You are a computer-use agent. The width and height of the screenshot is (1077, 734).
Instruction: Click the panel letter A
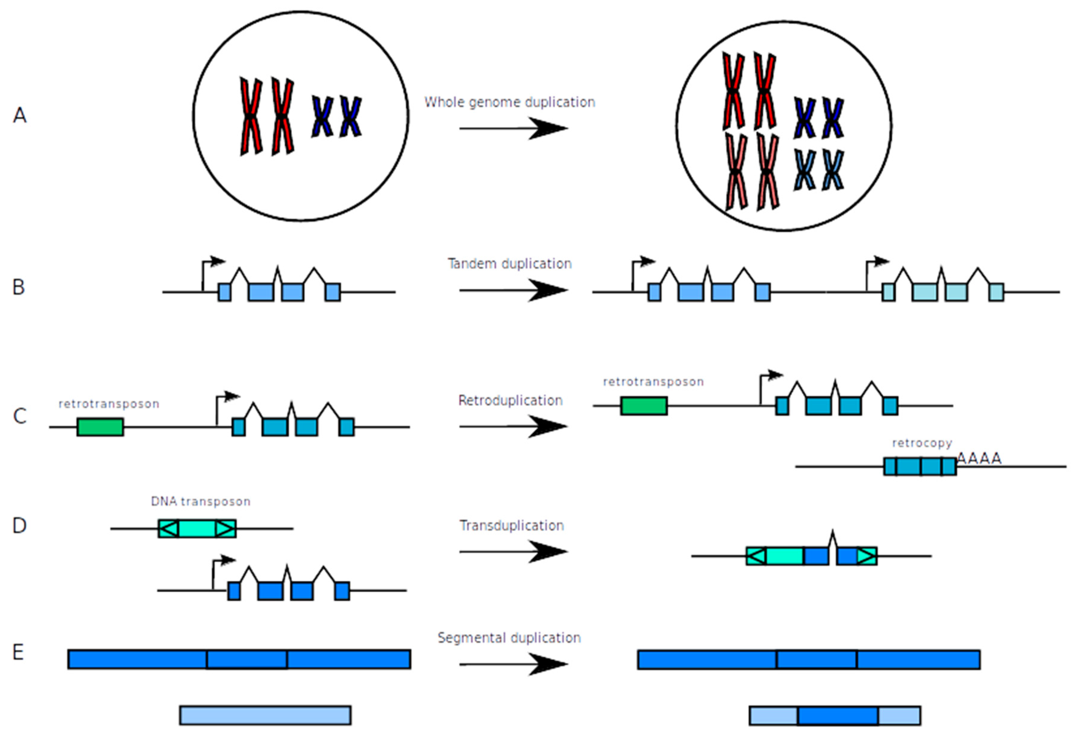click(19, 115)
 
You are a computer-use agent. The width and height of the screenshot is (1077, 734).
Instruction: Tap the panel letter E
click(18, 652)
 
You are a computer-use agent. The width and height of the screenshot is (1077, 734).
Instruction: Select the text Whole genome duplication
click(509, 102)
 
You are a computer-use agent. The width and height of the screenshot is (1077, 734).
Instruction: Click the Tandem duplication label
click(509, 263)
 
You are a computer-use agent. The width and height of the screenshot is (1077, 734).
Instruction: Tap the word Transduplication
click(512, 525)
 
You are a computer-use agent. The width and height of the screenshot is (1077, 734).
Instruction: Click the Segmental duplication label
click(509, 637)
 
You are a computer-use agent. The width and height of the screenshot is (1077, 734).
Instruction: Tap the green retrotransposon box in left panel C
click(100, 427)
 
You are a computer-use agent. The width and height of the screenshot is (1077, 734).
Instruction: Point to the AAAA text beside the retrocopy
click(979, 459)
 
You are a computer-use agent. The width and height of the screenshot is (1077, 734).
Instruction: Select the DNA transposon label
click(201, 501)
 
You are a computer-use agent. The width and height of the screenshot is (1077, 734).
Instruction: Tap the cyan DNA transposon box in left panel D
click(197, 528)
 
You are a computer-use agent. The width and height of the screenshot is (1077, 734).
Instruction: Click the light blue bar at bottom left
click(265, 715)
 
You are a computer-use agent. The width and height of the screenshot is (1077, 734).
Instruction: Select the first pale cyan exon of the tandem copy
click(888, 292)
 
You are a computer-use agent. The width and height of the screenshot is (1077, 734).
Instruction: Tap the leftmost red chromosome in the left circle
click(251, 116)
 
